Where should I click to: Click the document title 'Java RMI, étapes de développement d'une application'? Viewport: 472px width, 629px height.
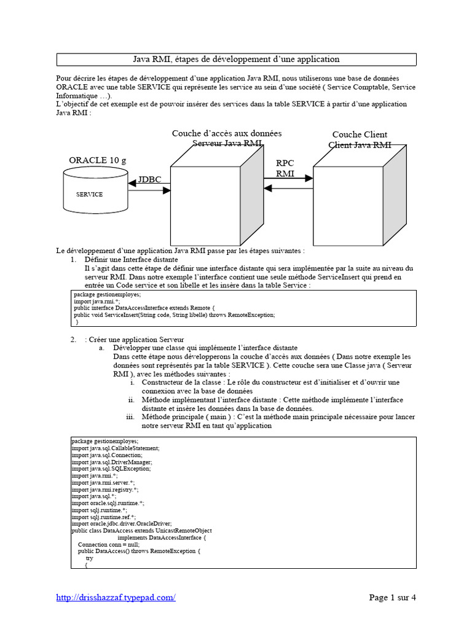(x=236, y=60)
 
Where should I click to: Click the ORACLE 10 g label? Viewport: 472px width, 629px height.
(x=97, y=160)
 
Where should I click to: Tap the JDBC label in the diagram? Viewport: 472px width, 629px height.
(x=149, y=179)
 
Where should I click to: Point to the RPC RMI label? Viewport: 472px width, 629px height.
(x=285, y=168)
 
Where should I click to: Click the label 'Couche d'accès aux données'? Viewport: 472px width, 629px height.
(x=227, y=133)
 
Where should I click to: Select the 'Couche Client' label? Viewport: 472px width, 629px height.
(x=360, y=135)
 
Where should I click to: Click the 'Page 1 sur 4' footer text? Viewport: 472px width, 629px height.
(x=392, y=597)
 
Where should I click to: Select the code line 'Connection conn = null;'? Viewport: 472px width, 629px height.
(x=109, y=544)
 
